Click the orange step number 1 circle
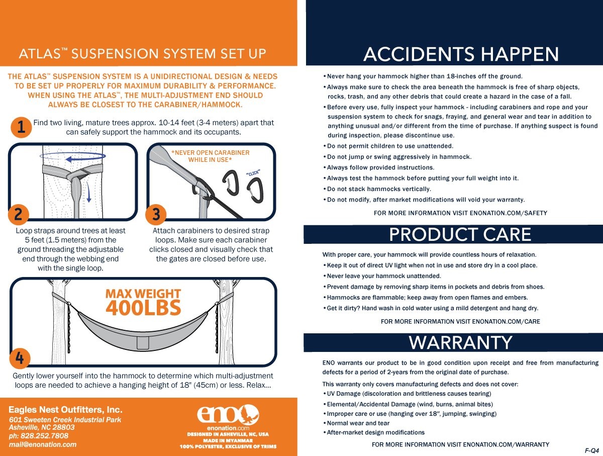(x=21, y=128)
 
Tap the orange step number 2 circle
(x=19, y=215)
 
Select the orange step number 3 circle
(x=156, y=215)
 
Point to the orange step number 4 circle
(x=20, y=358)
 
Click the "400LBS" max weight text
(x=143, y=308)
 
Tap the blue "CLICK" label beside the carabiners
(x=253, y=173)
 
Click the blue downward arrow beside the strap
(x=88, y=192)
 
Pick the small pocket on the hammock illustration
(x=143, y=342)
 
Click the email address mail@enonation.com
(x=43, y=444)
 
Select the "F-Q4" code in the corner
(x=592, y=450)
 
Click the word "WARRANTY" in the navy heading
(x=460, y=342)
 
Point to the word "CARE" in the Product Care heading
(x=507, y=234)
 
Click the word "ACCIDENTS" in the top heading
(x=419, y=54)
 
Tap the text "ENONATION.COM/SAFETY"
(x=509, y=213)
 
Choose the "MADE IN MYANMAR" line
(x=228, y=440)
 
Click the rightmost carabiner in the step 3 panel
(x=255, y=190)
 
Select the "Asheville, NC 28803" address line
(x=42, y=427)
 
